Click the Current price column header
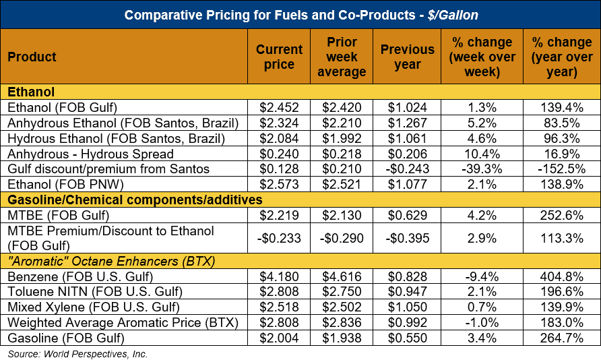pyautogui.click(x=279, y=57)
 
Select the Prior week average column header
pyautogui.click(x=342, y=57)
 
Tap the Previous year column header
pyautogui.click(x=407, y=57)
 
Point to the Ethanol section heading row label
pyautogui.click(x=32, y=92)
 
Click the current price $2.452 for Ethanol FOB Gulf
pyautogui.click(x=279, y=107)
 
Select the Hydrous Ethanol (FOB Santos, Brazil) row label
pyautogui.click(x=115, y=138)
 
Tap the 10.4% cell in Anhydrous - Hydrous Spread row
pyautogui.click(x=482, y=153)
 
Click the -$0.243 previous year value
pyautogui.click(x=407, y=169)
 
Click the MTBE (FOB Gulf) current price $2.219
pyautogui.click(x=279, y=215)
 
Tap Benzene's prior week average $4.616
pyautogui.click(x=342, y=276)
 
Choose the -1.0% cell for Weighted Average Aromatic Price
pyautogui.click(x=482, y=323)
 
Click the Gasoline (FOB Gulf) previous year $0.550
pyautogui.click(x=407, y=338)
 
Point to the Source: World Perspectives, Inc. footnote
pyautogui.click(x=78, y=353)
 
